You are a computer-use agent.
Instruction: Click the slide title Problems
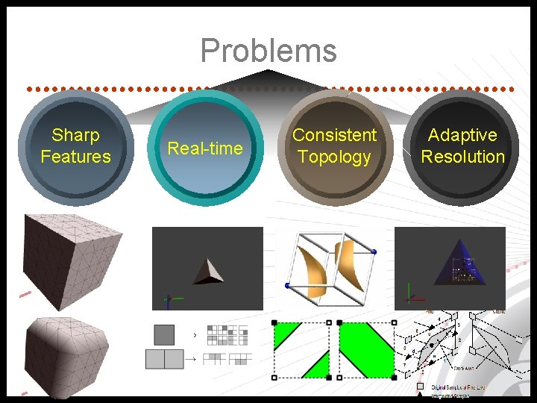coord(268,51)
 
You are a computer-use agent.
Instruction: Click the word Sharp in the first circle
coord(75,135)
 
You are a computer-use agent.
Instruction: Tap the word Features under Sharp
coord(75,157)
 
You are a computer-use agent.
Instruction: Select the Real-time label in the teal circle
coord(204,148)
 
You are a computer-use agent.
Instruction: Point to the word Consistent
coord(334,135)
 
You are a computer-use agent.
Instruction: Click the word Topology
coord(334,157)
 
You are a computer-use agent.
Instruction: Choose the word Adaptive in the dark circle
coord(462,135)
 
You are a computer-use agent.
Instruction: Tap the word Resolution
coord(462,157)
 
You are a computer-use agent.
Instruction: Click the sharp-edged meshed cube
coord(71,257)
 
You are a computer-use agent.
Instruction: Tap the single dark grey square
coord(164,334)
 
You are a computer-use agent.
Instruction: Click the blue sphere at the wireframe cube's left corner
coord(287,285)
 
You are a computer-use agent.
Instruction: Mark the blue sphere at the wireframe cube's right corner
coord(374,252)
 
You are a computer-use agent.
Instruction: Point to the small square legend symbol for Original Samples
coord(421,386)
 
